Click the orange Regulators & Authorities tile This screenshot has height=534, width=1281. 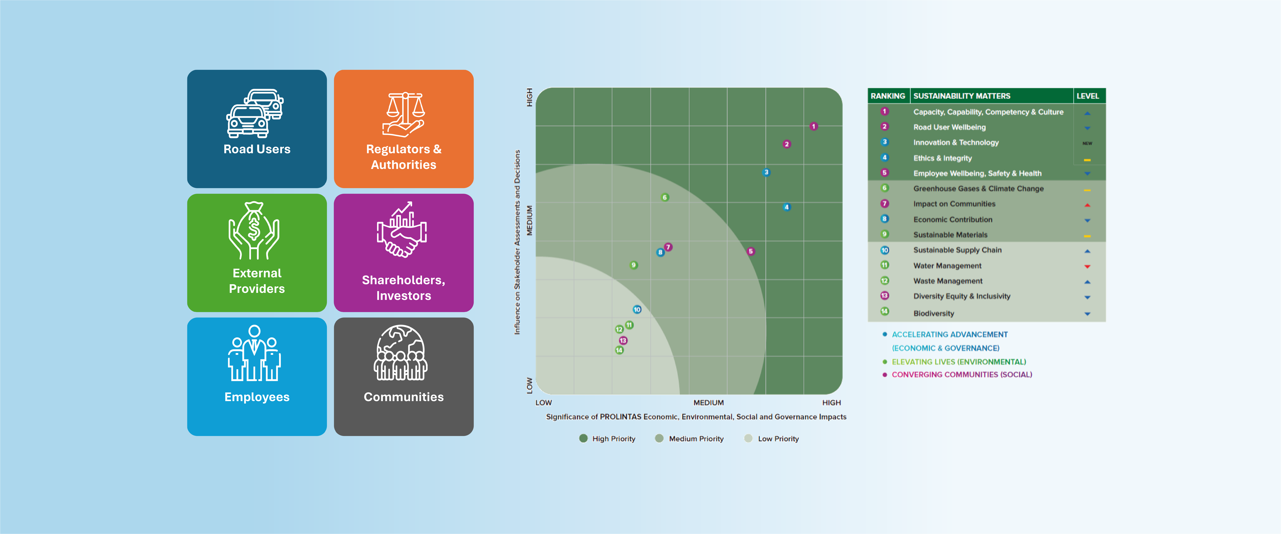point(403,129)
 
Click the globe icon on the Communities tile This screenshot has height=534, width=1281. point(401,353)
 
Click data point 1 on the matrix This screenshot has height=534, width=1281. point(813,126)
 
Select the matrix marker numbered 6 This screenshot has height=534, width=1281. point(665,197)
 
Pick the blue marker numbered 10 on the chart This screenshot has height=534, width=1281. point(637,309)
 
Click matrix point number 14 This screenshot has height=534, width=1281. point(619,350)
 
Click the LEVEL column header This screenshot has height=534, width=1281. point(1088,96)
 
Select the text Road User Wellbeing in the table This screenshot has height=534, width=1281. point(949,127)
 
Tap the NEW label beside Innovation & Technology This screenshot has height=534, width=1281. point(1088,143)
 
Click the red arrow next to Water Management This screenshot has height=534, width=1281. point(1088,266)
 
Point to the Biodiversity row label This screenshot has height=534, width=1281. point(933,313)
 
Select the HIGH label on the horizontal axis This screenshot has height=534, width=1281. point(831,403)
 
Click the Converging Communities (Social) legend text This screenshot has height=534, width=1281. point(962,374)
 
